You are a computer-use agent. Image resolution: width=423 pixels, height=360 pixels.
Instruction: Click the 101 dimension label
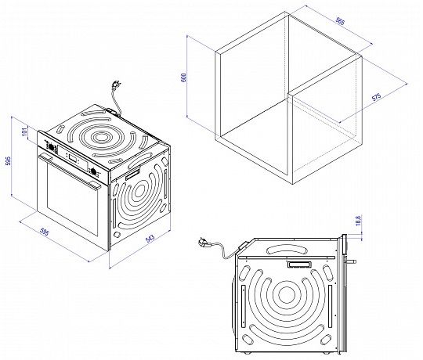(25, 131)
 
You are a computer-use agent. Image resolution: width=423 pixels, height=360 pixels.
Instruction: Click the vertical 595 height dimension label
(9, 160)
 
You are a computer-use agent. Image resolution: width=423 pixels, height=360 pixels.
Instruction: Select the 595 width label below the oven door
(44, 232)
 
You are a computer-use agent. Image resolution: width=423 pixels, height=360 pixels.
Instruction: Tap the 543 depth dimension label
(150, 239)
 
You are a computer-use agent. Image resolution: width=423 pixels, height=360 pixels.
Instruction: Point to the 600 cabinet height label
(184, 77)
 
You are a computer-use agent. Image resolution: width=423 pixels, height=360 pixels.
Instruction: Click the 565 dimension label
(340, 21)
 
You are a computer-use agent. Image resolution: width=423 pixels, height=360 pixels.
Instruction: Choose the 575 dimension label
(376, 97)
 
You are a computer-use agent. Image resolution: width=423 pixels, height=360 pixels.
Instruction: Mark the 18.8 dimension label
(358, 220)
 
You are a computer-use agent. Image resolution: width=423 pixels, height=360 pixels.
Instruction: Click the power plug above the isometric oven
(117, 85)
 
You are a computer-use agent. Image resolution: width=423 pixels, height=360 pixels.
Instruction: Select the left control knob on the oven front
(50, 146)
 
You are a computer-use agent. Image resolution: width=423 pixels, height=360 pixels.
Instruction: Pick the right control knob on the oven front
(93, 171)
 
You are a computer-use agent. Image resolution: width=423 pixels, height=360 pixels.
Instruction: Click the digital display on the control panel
(72, 158)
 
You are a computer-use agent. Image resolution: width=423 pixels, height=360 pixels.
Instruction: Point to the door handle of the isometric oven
(70, 171)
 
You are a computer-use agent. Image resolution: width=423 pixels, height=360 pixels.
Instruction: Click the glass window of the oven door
(71, 197)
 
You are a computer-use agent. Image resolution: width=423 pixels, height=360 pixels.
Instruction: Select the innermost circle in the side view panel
(286, 294)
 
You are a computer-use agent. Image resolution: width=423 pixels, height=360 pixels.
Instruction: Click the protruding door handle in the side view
(351, 261)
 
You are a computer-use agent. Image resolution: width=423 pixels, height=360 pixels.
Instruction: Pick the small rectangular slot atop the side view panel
(299, 265)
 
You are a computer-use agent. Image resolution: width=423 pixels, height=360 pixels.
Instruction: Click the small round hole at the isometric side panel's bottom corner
(117, 235)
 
